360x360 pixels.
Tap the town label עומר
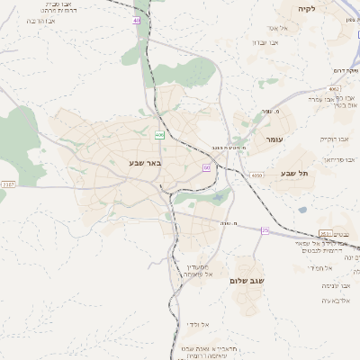(x=274, y=140)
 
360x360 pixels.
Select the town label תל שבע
(x=294, y=173)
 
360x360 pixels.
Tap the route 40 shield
(x=136, y=20)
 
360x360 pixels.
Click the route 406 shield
(x=159, y=135)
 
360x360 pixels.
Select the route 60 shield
(x=206, y=167)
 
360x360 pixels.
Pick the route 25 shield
(x=265, y=231)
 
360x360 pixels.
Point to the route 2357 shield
(x=8, y=184)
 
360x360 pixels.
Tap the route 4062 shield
(x=334, y=89)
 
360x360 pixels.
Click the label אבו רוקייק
(x=334, y=139)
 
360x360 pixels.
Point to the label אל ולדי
(x=199, y=323)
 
